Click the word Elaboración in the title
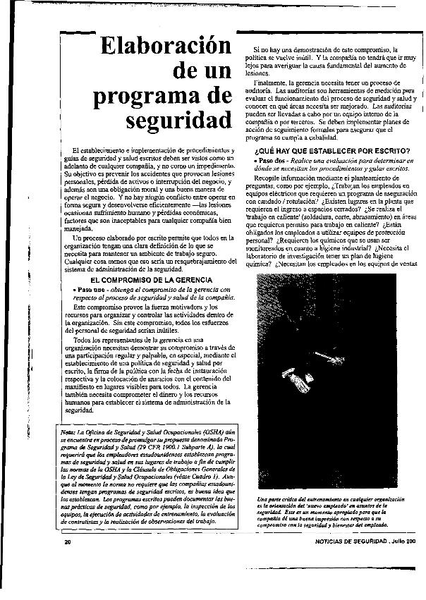point(166,47)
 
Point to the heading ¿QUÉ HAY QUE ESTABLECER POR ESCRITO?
point(331,151)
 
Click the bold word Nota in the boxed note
point(68,431)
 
